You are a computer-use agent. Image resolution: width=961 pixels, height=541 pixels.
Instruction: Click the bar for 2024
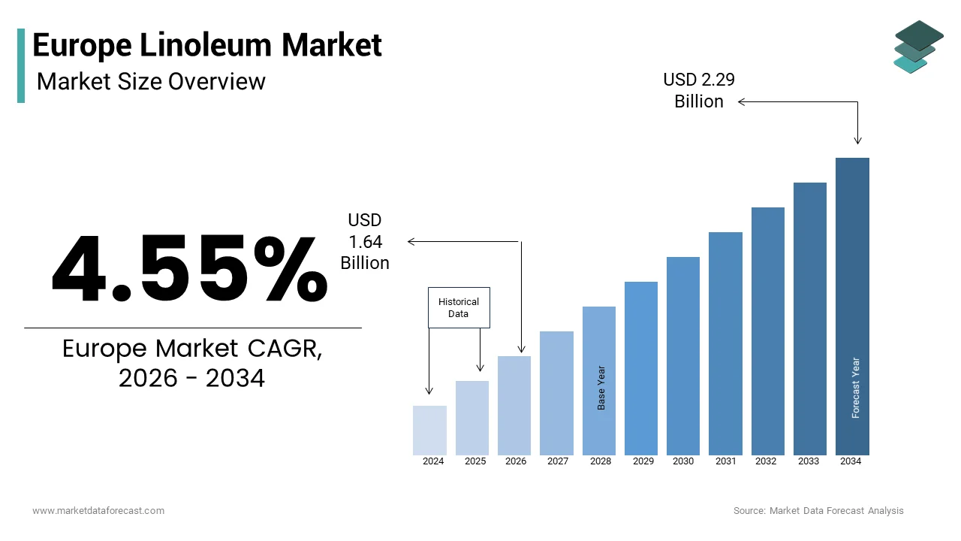coord(429,431)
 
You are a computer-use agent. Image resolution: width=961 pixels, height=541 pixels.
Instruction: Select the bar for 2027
coord(556,393)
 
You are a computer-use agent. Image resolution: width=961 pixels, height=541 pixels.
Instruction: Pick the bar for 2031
coord(725,343)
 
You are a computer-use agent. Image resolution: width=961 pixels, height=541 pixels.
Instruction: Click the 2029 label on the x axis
coord(642,461)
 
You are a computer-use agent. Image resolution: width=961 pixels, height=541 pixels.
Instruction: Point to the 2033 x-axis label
coord(809,461)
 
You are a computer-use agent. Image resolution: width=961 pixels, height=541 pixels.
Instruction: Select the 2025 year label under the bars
coord(474,461)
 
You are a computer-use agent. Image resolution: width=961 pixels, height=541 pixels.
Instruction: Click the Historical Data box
coord(459,307)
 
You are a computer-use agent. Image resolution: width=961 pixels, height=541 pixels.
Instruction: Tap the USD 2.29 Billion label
coord(698,90)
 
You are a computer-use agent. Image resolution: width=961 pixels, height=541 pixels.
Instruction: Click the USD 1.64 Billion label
coord(365,241)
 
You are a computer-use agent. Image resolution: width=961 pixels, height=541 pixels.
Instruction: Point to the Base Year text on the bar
coord(601,388)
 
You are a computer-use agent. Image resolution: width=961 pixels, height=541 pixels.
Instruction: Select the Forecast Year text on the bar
coord(855,388)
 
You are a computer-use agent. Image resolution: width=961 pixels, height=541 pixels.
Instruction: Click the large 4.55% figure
coord(189,269)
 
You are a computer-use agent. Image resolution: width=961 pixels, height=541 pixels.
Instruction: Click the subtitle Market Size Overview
coord(151,81)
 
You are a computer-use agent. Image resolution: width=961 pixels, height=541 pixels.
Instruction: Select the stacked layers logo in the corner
coord(918,47)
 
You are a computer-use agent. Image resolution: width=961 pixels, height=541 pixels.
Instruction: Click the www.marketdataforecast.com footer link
coord(98,511)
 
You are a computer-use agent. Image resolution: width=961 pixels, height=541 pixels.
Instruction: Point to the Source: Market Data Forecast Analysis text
coord(818,511)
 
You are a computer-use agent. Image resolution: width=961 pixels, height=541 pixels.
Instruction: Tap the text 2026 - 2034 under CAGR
coord(192,378)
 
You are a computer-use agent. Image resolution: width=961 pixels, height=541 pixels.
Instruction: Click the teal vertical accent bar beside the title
coord(21,65)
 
